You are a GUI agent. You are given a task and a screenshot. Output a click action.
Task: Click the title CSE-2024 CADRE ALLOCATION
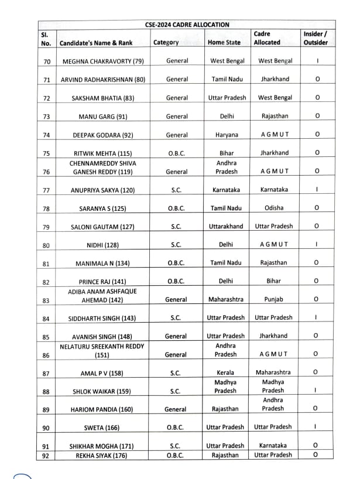click(187, 25)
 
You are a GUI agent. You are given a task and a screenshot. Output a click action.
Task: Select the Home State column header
click(224, 42)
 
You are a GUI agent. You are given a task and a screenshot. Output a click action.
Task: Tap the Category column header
click(166, 42)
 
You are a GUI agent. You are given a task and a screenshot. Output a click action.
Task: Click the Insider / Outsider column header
click(316, 38)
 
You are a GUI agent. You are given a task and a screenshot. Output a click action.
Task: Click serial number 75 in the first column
click(47, 153)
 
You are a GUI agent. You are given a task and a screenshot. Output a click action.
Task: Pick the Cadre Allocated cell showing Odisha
click(275, 208)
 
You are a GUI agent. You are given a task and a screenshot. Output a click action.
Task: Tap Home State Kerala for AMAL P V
click(225, 372)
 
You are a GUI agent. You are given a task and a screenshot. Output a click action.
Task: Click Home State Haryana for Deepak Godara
click(227, 135)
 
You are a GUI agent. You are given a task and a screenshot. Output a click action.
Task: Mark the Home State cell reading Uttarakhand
click(226, 226)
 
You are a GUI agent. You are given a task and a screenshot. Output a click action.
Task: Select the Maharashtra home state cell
click(226, 299)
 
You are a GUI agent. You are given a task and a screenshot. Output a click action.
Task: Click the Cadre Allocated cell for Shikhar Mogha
click(273, 446)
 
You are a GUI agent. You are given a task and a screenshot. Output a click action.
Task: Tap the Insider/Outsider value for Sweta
click(316, 427)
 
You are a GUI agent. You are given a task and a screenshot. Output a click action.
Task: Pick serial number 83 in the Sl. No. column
click(47, 300)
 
